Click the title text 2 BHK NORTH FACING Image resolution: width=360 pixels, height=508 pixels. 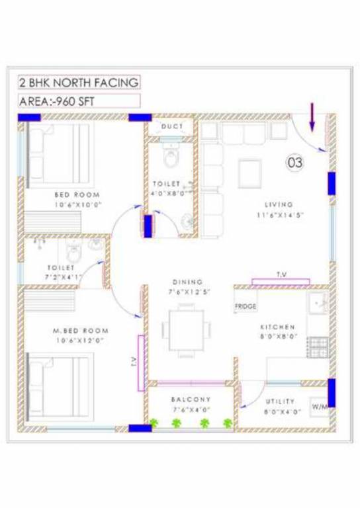tap(79, 83)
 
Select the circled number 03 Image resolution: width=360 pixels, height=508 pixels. tap(295, 161)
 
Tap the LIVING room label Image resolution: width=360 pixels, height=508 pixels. tap(279, 204)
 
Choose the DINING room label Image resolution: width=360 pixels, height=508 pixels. tap(188, 281)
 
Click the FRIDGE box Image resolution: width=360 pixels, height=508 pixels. tap(246, 307)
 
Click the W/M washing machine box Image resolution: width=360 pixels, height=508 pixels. tap(318, 405)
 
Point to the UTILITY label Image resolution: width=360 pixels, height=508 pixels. tap(280, 402)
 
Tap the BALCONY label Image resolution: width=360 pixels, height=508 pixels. tap(191, 400)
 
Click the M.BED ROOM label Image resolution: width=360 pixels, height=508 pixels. tap(81, 330)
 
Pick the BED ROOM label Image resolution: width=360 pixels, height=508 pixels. tap(77, 194)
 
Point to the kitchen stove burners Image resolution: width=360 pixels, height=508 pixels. tap(318, 346)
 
